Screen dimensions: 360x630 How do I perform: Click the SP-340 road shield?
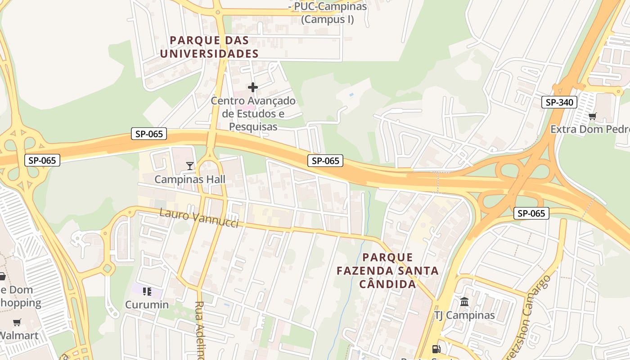pos(559,102)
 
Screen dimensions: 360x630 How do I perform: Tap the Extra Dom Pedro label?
pos(589,130)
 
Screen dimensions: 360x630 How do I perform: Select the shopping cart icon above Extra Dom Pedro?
pos(593,117)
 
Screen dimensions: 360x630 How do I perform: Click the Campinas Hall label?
pos(189,179)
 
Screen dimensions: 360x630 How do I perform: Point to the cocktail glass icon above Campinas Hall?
pos(190,166)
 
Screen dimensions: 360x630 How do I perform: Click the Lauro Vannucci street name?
pos(199,218)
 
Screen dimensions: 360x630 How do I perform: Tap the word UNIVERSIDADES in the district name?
pos(209,54)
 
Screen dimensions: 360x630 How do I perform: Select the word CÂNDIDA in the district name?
pos(387,284)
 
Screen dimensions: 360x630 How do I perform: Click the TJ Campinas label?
pos(464,315)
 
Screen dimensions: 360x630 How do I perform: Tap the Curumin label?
pos(147,305)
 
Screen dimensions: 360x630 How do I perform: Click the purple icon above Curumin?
pos(147,292)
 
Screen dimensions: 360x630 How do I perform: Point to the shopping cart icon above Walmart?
pos(17,322)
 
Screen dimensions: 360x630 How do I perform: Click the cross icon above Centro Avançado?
pos(253,87)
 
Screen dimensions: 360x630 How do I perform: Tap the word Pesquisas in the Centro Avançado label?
pos(253,126)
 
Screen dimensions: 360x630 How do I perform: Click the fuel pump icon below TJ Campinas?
pos(436,349)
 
